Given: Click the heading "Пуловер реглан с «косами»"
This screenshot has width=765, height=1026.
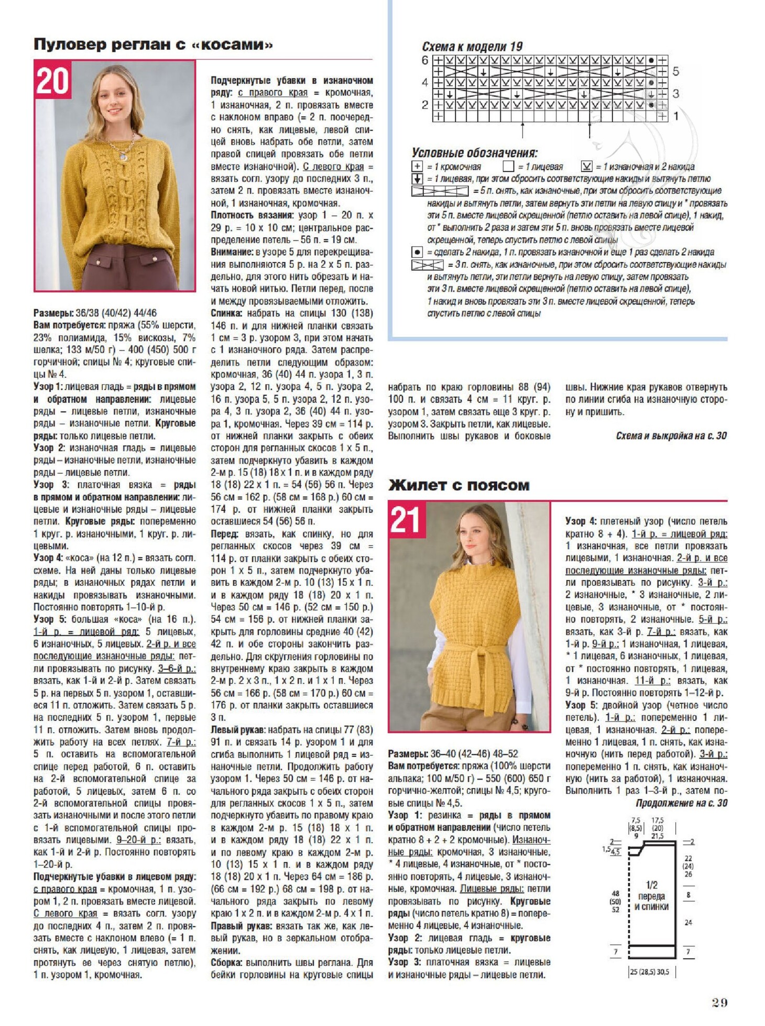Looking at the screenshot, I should (153, 45).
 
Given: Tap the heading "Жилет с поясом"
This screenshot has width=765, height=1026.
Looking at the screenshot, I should (458, 485).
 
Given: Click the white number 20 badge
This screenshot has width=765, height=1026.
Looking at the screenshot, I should (52, 81).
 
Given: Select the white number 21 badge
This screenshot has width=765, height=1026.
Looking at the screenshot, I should (406, 520).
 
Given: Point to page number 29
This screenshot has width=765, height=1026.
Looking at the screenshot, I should (719, 1002).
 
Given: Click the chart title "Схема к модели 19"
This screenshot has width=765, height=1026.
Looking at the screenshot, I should (472, 47).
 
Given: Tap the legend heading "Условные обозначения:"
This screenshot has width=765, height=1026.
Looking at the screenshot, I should (474, 153).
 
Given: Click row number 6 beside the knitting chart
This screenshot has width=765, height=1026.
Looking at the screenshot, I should (424, 60).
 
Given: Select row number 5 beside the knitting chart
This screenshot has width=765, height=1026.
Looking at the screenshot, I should (676, 71).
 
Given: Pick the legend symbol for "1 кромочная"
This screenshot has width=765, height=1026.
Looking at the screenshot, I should (417, 167).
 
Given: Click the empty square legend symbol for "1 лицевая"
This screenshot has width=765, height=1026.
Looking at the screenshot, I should (508, 167).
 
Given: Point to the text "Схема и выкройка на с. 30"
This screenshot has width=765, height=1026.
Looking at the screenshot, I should (671, 435).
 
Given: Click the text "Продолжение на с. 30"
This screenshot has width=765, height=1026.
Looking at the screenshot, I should (681, 803).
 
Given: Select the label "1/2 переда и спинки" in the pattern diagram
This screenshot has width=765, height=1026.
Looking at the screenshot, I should (651, 896).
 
